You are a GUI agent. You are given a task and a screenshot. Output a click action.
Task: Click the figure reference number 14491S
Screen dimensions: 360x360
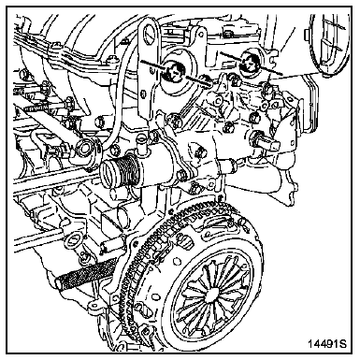point(327,343)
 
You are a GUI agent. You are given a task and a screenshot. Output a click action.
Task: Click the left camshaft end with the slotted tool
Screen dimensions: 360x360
point(174,73)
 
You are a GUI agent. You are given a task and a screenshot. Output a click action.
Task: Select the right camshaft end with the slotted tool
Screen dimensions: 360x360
point(250,64)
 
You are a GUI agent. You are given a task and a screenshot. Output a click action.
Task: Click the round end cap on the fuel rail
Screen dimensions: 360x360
point(84,149)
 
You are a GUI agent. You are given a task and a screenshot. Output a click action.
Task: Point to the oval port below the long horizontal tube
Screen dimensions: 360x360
point(74,240)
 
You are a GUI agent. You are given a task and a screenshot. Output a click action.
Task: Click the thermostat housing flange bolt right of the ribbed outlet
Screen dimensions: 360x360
point(181,175)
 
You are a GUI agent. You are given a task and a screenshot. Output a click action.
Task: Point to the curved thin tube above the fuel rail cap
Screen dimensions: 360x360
point(115,94)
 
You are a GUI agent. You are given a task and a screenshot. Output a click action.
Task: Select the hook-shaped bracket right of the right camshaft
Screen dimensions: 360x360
point(273,56)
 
